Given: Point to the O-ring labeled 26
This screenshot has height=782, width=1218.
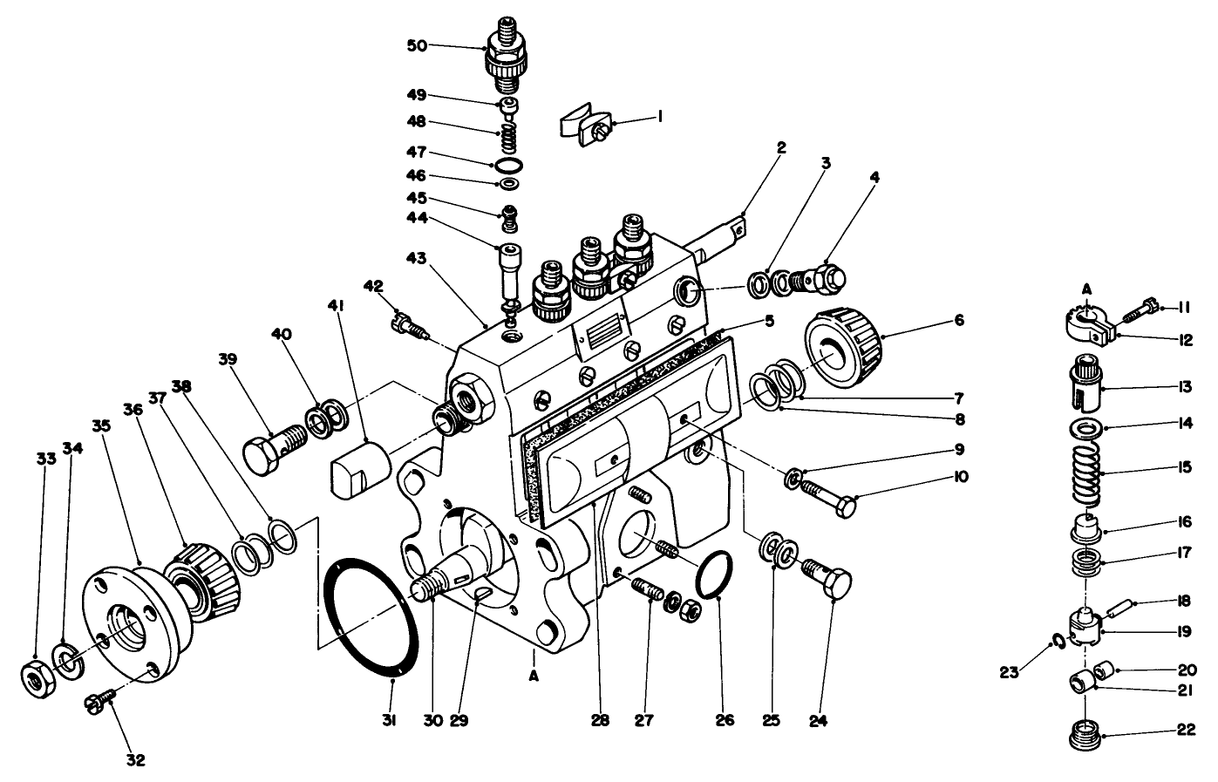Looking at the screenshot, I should [713, 575].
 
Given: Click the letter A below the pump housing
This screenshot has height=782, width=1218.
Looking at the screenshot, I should [531, 676].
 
